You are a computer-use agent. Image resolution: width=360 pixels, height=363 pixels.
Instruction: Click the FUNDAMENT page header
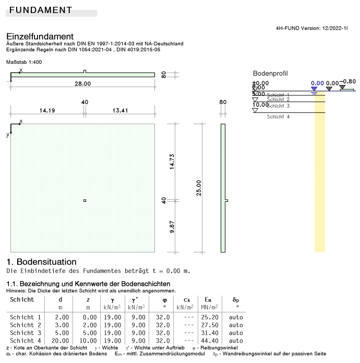point(41,10)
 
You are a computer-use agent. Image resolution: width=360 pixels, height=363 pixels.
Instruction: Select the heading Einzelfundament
point(40,36)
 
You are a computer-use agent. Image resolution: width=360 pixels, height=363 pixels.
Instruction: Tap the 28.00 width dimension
point(82,83)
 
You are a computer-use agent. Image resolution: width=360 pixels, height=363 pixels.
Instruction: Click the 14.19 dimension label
point(47,110)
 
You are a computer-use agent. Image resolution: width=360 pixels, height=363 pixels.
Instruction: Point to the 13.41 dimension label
point(120,110)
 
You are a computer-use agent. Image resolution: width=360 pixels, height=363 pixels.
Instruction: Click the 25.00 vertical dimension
point(198,188)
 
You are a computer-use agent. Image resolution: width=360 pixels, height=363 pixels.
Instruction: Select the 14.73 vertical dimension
point(172,162)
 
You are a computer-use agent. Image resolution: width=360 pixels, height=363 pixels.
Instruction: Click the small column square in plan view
point(85,201)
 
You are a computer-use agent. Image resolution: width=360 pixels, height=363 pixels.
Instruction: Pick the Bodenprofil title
point(270,74)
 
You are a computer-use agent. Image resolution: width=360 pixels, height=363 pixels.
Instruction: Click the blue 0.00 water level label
point(317,83)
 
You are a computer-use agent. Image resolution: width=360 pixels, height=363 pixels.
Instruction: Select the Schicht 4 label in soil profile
point(278,117)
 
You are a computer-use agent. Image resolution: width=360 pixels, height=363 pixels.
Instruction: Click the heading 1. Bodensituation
point(41,261)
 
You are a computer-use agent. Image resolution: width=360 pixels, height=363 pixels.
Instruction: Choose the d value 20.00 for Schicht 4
point(60,341)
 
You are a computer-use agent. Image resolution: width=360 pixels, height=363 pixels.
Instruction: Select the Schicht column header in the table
point(22,299)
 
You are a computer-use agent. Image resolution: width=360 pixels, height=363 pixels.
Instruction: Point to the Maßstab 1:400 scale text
point(24,62)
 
